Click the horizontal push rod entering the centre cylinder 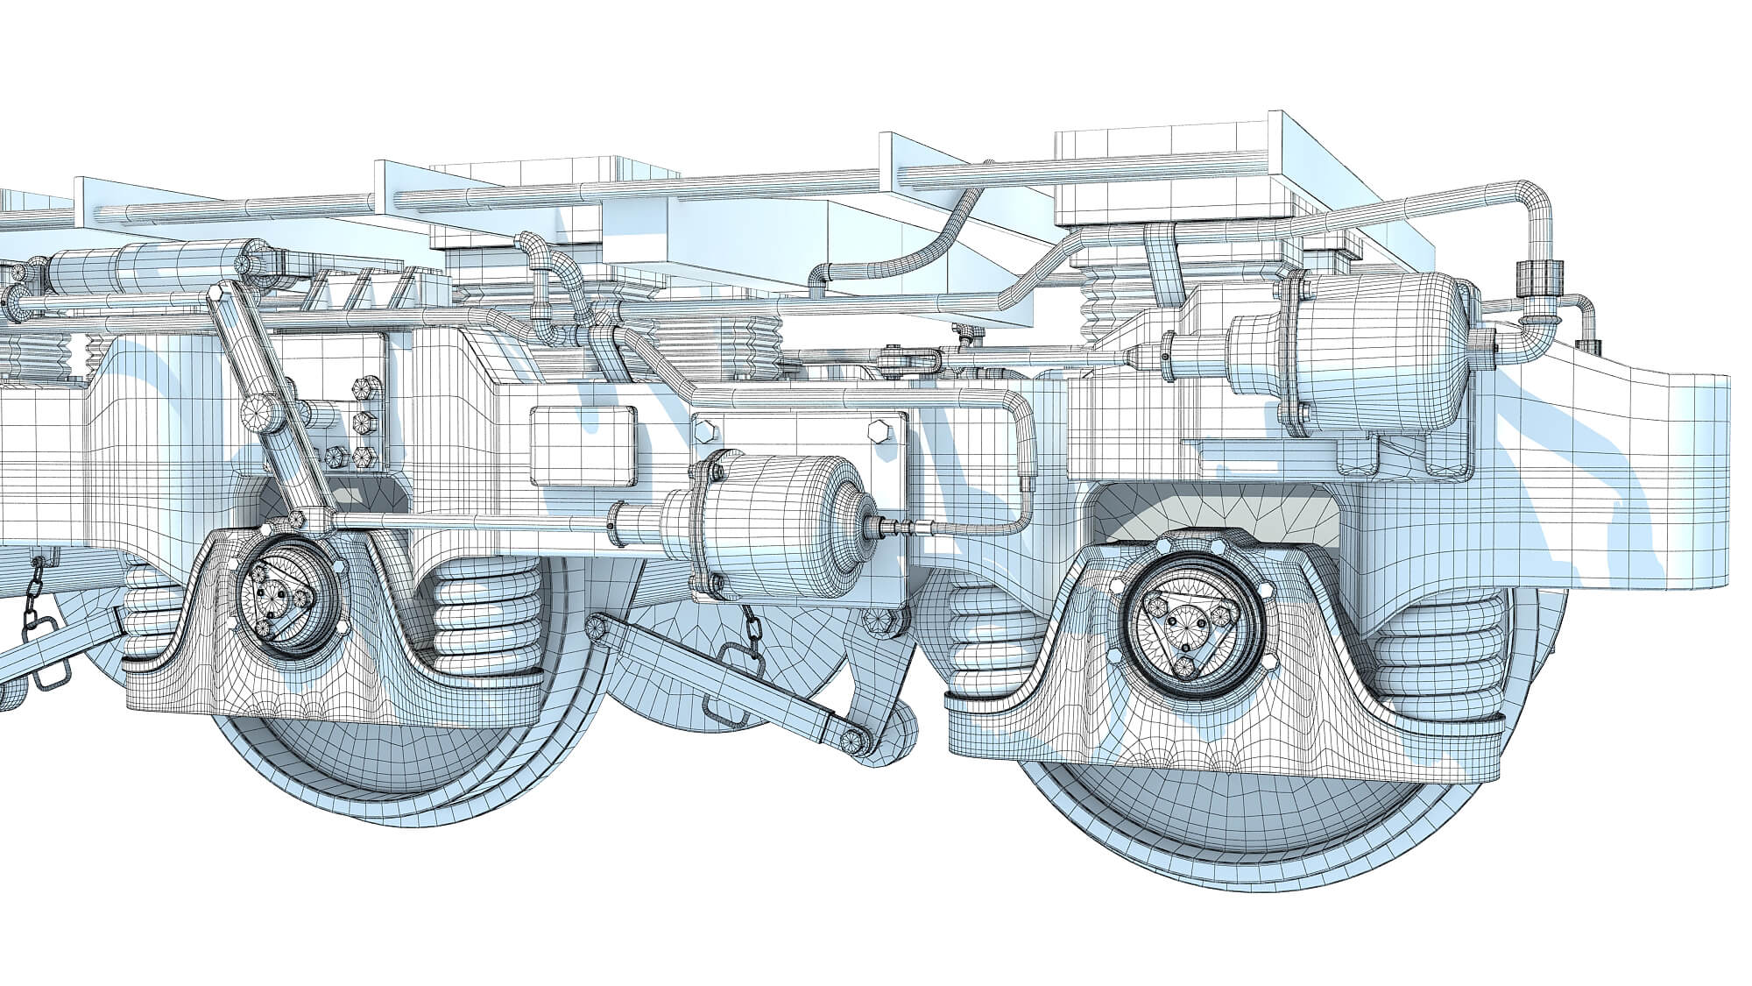pos(473,525)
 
